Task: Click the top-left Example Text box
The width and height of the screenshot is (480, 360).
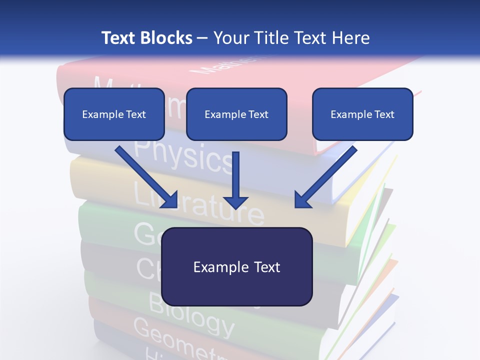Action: click(114, 114)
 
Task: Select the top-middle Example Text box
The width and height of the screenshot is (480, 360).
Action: click(236, 114)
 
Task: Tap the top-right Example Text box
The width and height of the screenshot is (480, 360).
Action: click(362, 114)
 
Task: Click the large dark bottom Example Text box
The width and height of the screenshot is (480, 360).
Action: click(236, 266)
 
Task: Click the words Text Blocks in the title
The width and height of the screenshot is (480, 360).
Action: click(146, 38)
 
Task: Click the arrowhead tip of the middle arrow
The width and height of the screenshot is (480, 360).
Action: click(235, 207)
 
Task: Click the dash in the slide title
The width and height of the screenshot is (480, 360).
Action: click(202, 38)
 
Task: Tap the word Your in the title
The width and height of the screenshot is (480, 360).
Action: click(231, 38)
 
